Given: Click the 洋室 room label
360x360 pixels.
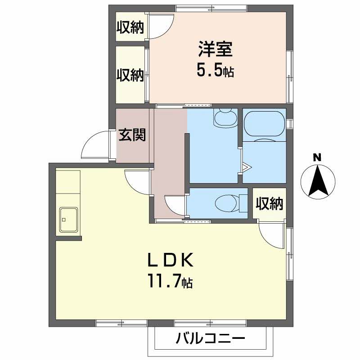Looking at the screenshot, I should pos(215,49).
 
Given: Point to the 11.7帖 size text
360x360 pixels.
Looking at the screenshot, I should pos(170,282).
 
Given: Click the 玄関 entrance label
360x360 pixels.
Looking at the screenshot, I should pos(132,135).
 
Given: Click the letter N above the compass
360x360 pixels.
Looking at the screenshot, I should pos(317,157).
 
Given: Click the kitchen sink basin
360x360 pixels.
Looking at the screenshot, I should pos(68,220).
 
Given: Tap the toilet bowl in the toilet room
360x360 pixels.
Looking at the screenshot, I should pos(227,203).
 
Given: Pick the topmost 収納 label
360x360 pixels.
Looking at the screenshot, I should pos(130,27).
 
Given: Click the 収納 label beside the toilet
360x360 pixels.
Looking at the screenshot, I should pos(269,204).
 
